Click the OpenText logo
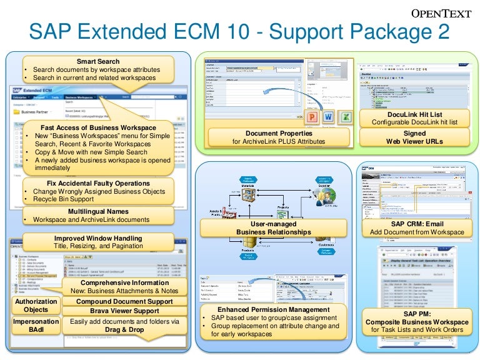point(442,14)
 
